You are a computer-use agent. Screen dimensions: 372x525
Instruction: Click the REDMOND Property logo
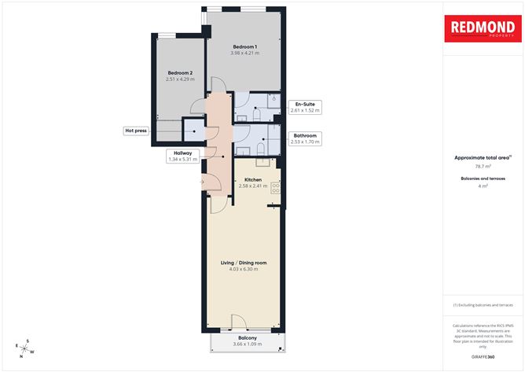pyautogui.click(x=483, y=30)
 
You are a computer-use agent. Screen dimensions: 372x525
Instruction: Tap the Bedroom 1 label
pyautogui.click(x=244, y=46)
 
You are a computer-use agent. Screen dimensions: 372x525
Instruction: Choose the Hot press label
pyautogui.click(x=135, y=131)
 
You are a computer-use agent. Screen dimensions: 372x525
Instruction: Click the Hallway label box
pyautogui.click(x=183, y=156)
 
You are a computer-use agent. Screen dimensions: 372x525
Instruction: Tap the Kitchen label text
pyautogui.click(x=252, y=179)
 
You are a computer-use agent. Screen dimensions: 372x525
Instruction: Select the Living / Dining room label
pyautogui.click(x=244, y=263)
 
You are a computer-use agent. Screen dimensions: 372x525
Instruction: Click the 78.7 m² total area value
pyautogui.click(x=483, y=166)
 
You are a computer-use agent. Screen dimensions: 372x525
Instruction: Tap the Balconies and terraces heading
pyautogui.click(x=483, y=179)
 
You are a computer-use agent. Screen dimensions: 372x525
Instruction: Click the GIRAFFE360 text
pyautogui.click(x=483, y=357)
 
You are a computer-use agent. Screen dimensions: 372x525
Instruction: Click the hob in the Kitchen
pyautogui.click(x=275, y=187)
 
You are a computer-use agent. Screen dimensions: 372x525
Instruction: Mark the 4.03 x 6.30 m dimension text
pyautogui.click(x=244, y=269)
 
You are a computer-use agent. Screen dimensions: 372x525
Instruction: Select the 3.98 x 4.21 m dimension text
pyautogui.click(x=244, y=53)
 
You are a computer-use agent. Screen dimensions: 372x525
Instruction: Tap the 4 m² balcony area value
pyautogui.click(x=483, y=187)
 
